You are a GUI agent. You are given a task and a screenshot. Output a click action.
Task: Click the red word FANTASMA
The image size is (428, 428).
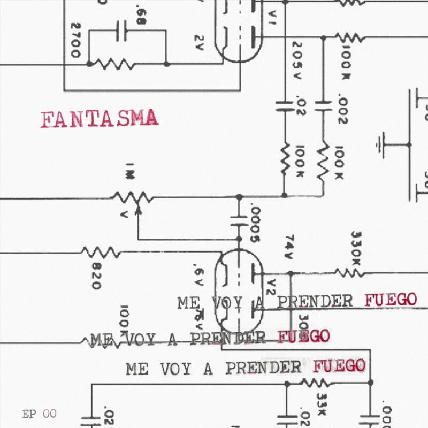coord(100,119)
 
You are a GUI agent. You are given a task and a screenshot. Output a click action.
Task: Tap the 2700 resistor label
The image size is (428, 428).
coord(75,40)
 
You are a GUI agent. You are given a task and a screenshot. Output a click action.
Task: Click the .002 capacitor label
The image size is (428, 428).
coord(343,110)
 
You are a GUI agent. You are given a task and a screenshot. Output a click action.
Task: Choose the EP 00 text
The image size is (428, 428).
coord(39,414)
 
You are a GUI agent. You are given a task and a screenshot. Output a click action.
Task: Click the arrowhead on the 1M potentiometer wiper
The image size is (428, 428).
coord(138,209)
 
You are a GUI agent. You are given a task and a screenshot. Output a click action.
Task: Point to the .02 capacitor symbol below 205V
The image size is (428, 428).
coord(284,105)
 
